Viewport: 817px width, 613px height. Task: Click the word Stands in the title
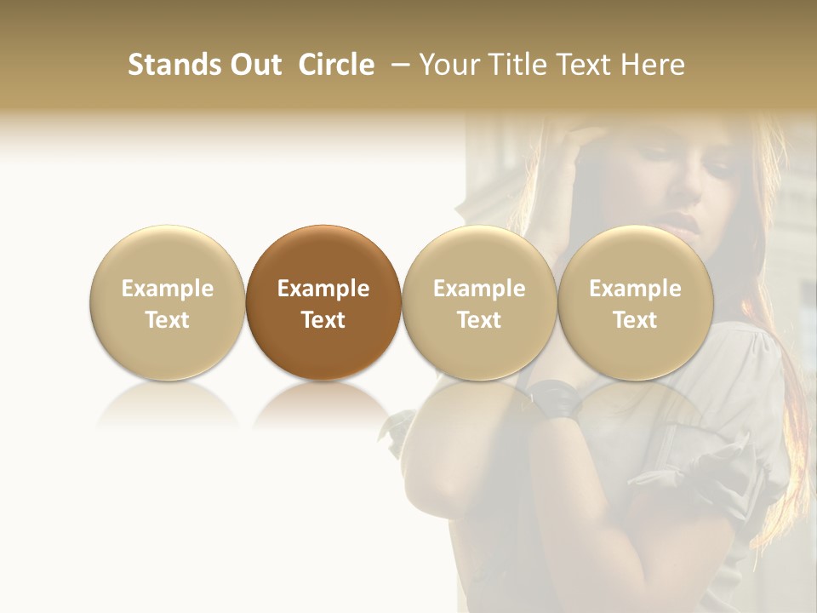[x=174, y=65]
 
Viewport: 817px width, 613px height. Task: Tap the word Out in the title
[x=255, y=65]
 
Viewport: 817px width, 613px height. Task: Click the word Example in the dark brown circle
[x=323, y=289]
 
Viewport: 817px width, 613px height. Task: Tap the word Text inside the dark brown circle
[x=323, y=320]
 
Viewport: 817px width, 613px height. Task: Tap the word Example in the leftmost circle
[x=168, y=289]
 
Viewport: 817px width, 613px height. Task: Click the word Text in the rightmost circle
[x=635, y=320]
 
